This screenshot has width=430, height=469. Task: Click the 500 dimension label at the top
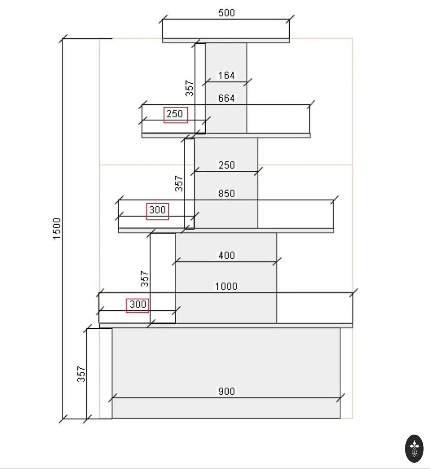point(226,13)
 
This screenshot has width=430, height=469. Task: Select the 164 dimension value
point(226,75)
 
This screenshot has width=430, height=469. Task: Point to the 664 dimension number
point(226,98)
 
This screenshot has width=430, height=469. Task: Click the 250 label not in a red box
point(226,165)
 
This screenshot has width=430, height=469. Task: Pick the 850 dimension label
point(226,193)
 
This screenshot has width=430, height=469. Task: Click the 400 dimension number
point(226,255)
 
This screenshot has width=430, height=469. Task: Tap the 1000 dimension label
point(226,286)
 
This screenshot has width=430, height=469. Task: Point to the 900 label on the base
point(226,391)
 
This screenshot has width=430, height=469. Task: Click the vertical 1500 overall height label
point(57,229)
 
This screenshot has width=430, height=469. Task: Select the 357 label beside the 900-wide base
point(81,374)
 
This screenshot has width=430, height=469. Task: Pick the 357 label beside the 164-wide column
point(189,88)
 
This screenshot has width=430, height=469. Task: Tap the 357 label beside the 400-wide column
point(145,279)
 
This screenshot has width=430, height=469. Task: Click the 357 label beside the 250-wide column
point(179,184)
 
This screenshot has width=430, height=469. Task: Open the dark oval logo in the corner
point(414,449)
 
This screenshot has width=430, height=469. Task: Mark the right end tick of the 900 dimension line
point(340,398)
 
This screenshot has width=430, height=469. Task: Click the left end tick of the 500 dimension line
point(163,19)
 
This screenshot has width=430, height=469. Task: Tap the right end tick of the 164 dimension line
point(247,82)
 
